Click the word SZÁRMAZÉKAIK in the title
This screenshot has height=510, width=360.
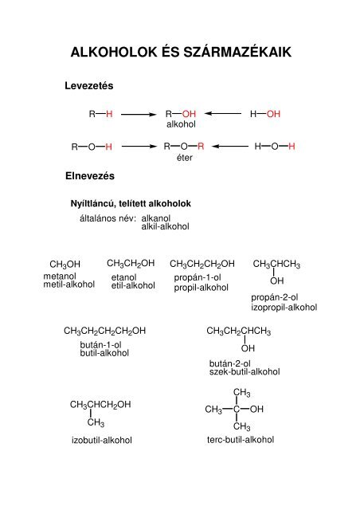237,52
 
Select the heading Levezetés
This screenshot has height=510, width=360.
89,86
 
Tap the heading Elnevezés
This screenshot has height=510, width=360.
90,176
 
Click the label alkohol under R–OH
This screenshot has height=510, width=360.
181,124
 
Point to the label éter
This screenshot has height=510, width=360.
185,158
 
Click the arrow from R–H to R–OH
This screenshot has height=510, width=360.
139,114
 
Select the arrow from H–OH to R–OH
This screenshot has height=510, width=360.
223,113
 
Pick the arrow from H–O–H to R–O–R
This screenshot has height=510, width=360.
229,147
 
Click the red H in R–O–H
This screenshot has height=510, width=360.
108,147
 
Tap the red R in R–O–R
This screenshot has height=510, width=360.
201,147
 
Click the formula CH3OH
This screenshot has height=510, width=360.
65,265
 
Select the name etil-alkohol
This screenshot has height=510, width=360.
133,285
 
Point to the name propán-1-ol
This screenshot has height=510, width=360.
198,277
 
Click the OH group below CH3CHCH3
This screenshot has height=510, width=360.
276,280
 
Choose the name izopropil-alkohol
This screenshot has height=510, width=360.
284,308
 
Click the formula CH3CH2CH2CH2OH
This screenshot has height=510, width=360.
104,331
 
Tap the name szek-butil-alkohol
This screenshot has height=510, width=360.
245,372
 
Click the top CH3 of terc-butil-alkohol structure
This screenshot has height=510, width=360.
242,393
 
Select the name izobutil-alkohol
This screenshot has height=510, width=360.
102,441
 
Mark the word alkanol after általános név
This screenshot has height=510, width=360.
156,218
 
